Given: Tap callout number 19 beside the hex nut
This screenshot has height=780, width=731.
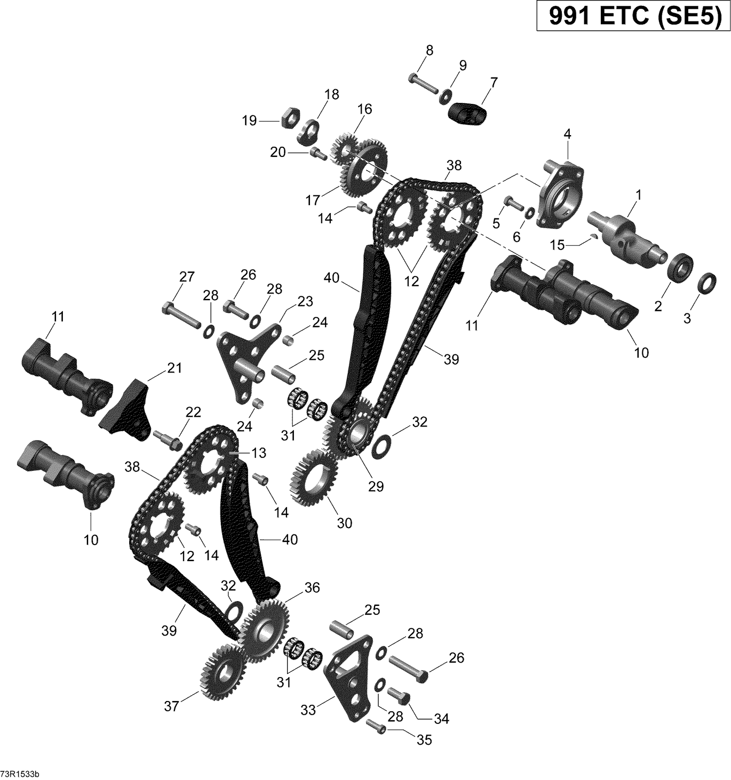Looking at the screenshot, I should [x=249, y=120].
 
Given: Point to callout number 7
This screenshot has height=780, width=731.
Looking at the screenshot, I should [x=494, y=82].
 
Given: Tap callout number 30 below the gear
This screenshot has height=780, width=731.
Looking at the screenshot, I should [x=344, y=523].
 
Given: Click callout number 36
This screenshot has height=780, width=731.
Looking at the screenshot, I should [x=312, y=588].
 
